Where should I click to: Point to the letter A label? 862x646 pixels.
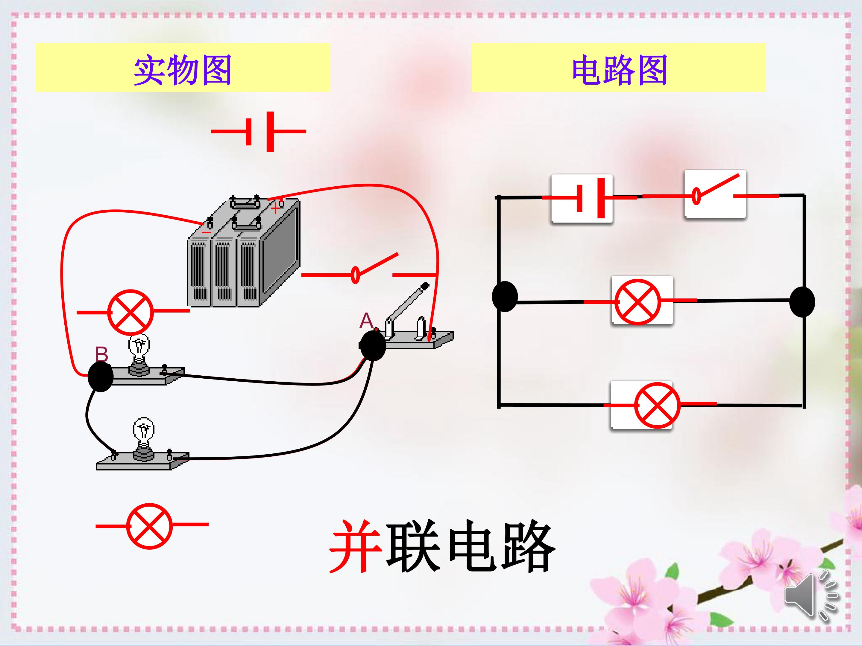366,321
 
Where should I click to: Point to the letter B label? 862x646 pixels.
102,354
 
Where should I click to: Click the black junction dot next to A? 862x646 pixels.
373,346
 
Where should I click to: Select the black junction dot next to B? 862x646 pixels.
101,377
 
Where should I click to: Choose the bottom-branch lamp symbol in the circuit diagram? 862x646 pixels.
657,405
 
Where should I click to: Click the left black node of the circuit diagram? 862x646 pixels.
505,296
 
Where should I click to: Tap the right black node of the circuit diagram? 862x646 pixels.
802,302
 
